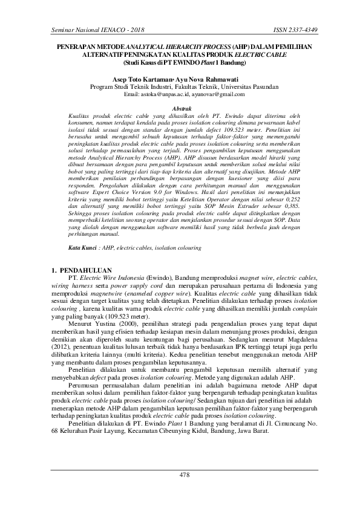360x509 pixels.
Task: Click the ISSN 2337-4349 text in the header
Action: tap(309, 30)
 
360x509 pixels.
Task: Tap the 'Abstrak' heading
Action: tap(182, 106)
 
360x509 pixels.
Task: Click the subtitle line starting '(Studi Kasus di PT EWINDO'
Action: tap(180, 62)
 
